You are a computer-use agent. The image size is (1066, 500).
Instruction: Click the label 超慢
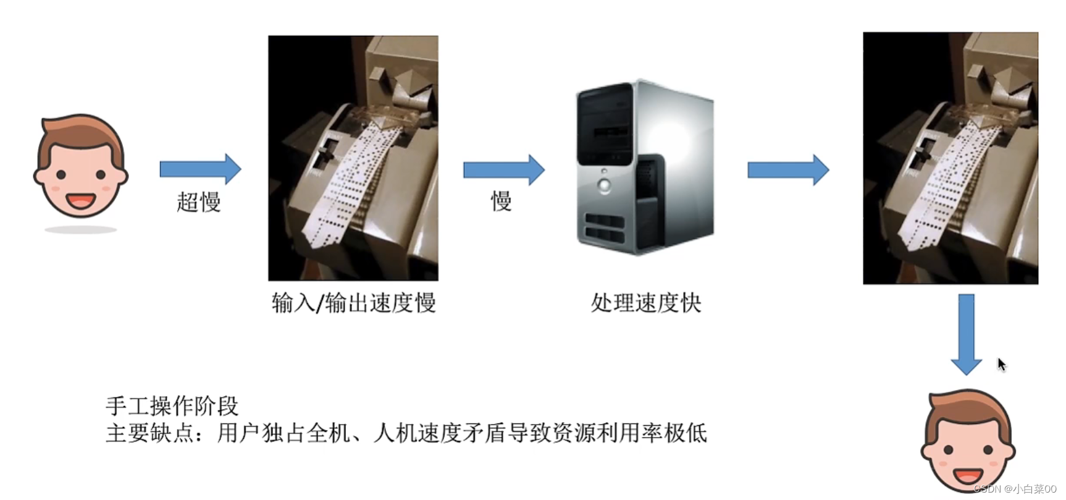click(198, 201)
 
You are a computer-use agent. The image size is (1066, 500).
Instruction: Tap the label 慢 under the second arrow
click(501, 201)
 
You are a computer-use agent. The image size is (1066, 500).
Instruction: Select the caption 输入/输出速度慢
click(354, 303)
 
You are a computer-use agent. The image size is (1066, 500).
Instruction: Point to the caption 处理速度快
click(645, 303)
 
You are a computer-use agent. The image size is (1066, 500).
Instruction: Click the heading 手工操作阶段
click(172, 405)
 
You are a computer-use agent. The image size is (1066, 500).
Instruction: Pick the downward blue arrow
click(966, 334)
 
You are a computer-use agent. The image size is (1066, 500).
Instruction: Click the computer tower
click(645, 167)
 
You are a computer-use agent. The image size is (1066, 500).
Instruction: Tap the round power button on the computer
click(604, 185)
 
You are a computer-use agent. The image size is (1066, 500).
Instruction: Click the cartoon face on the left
click(80, 167)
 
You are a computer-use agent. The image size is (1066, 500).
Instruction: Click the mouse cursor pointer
click(1001, 364)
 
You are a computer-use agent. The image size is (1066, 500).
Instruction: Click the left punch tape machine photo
click(353, 158)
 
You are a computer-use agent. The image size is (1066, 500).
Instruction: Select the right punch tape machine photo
click(950, 158)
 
